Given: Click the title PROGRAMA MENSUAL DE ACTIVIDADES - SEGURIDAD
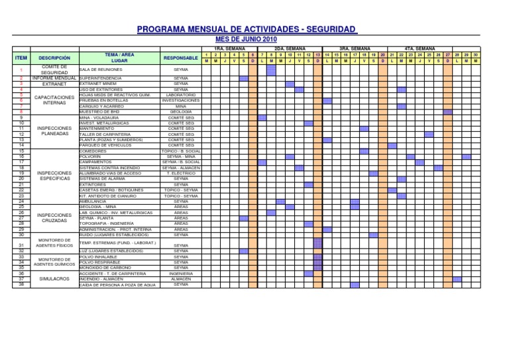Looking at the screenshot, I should point(247,30).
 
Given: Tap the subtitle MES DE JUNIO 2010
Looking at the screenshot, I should point(247,39).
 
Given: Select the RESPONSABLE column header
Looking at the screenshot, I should point(181,58).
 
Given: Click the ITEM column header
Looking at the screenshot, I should point(21,58).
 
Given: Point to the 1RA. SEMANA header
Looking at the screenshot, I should point(229,49).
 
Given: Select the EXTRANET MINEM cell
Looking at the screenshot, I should point(99,84).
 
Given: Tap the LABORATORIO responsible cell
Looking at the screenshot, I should point(181,95).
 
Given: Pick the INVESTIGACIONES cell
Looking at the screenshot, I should point(181,100).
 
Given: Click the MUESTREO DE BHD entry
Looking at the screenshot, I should point(101,111).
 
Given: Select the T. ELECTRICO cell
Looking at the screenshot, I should point(181,173).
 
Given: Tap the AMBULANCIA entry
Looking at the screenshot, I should point(93,202).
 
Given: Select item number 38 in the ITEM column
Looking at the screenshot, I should point(21,284).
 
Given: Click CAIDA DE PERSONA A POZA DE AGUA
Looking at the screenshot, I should point(117,284).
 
